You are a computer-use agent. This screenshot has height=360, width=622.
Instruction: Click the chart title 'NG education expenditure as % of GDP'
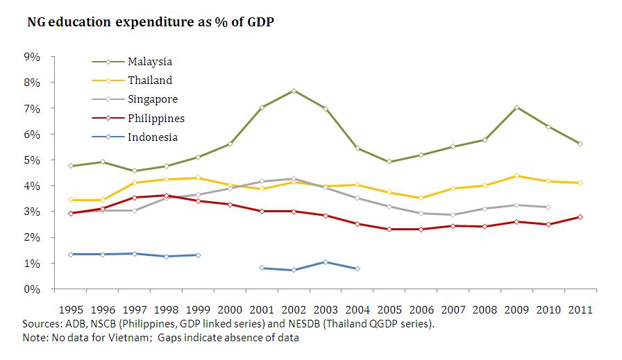(151, 22)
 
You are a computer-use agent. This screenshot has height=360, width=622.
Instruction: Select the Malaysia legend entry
(150, 62)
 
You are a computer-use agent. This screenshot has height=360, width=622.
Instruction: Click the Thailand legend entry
(150, 80)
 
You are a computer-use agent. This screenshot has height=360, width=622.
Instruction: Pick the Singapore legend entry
(153, 99)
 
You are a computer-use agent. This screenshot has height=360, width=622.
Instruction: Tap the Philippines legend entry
(156, 118)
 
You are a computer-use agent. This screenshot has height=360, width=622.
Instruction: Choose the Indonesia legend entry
(153, 137)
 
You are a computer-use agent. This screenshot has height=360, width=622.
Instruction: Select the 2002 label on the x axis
(294, 309)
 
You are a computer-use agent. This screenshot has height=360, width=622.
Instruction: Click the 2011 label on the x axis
(580, 309)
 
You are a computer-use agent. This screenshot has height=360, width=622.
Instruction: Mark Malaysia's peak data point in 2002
(294, 91)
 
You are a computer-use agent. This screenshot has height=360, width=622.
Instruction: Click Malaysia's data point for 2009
(516, 108)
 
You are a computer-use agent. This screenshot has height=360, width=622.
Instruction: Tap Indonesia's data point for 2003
(326, 262)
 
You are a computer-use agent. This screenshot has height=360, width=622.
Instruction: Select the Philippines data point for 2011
(580, 217)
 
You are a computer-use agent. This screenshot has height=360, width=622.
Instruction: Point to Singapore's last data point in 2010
(548, 207)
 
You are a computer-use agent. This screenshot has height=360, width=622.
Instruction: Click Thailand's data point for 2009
(516, 175)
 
